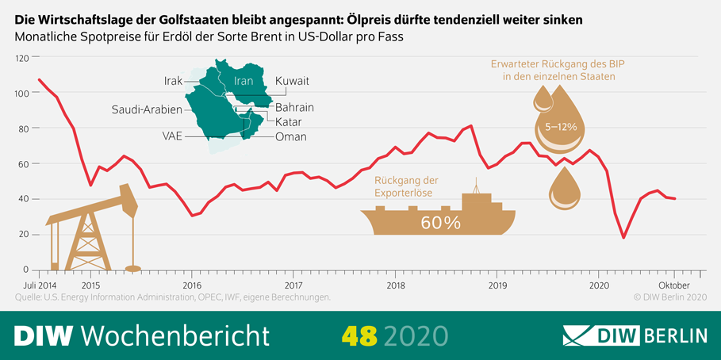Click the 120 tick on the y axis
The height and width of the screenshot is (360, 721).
(21, 58)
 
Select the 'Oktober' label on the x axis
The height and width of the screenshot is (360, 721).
(673, 285)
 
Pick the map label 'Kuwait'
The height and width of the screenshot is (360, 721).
(292, 81)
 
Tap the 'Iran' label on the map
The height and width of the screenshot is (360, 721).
(244, 81)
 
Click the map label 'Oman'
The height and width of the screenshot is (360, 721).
(290, 136)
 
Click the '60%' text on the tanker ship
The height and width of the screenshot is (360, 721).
(440, 223)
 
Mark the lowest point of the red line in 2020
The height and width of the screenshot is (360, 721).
(623, 237)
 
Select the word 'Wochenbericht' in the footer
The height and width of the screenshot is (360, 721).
(176, 335)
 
